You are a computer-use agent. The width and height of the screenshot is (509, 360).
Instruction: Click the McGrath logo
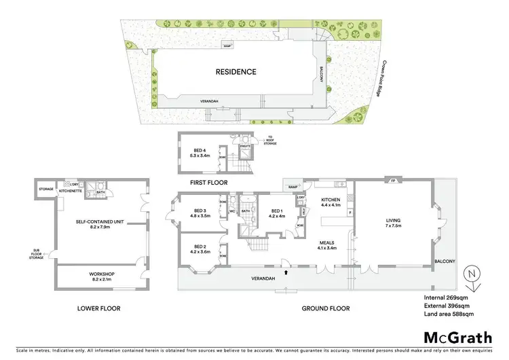(458, 337)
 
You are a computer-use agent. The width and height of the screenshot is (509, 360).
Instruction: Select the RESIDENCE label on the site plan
(235, 71)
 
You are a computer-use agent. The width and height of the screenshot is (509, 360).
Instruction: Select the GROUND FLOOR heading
(326, 308)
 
